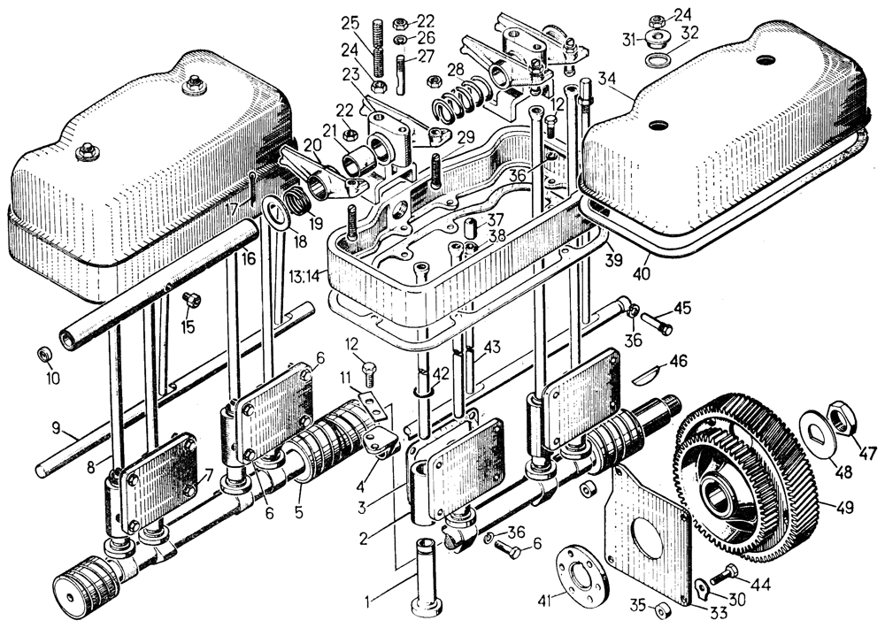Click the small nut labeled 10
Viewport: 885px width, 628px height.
click(44, 355)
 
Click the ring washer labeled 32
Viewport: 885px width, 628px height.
click(658, 60)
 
